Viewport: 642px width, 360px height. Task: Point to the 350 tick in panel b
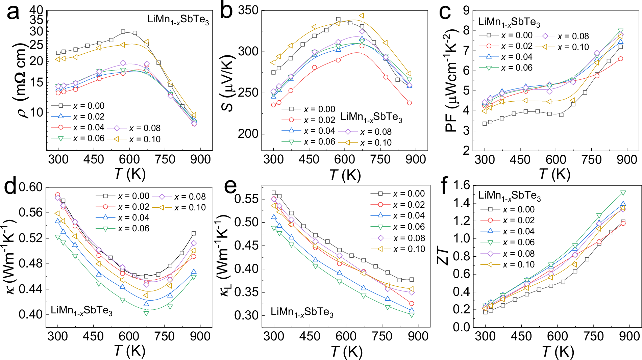tap(248, 10)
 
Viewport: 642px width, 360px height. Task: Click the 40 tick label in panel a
tap(36, 10)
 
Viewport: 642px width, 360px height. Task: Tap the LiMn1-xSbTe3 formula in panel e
tap(302, 312)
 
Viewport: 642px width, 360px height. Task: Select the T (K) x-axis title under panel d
tap(130, 351)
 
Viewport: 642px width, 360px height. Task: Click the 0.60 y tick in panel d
tap(31, 187)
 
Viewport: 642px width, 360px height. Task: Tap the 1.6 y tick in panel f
tap(462, 185)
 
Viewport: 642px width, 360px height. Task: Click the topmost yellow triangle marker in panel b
tap(362, 16)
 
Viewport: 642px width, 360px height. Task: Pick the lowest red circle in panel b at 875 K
tap(410, 103)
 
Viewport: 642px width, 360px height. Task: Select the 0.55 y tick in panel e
tap(246, 199)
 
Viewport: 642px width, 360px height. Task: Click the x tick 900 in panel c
tap(627, 159)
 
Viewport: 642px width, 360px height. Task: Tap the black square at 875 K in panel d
tap(194, 233)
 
